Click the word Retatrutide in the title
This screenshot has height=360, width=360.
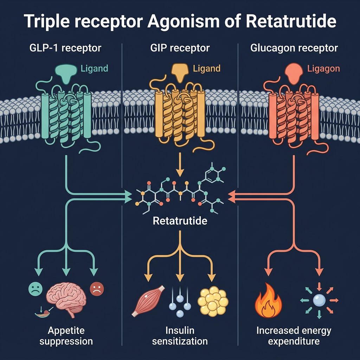click(291, 22)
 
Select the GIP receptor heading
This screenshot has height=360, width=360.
click(180, 48)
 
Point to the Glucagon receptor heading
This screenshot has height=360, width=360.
click(294, 48)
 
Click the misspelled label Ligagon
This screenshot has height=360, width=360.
click(323, 68)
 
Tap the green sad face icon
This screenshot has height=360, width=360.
click(33, 289)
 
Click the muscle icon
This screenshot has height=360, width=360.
click(148, 299)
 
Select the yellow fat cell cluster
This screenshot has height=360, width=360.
click(213, 301)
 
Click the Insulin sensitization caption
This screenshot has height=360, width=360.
click(180, 336)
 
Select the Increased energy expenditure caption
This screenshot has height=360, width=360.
click(294, 336)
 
